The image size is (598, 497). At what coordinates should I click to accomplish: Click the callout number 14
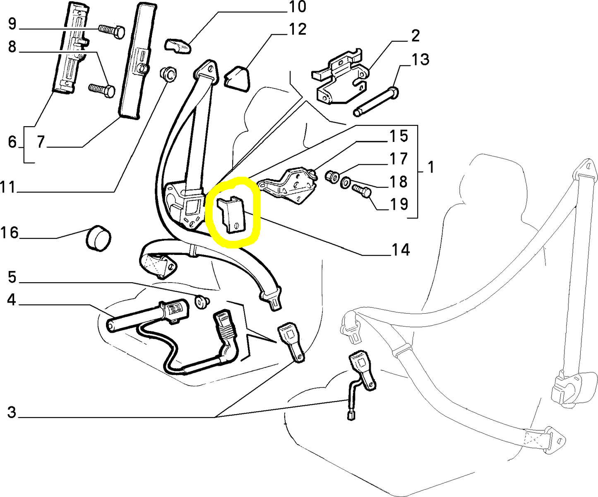click(399, 250)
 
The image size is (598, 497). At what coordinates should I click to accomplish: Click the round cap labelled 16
click(98, 238)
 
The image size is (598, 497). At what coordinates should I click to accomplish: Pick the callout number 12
click(297, 29)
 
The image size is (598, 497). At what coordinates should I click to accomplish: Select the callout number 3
click(11, 412)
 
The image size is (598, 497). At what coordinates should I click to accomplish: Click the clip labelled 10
click(178, 46)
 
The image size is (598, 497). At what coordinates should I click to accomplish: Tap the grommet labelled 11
click(168, 74)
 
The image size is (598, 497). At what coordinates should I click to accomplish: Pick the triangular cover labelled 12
click(238, 77)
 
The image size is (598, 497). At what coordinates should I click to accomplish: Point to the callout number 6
click(12, 142)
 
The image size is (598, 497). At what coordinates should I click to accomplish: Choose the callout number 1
click(431, 168)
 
